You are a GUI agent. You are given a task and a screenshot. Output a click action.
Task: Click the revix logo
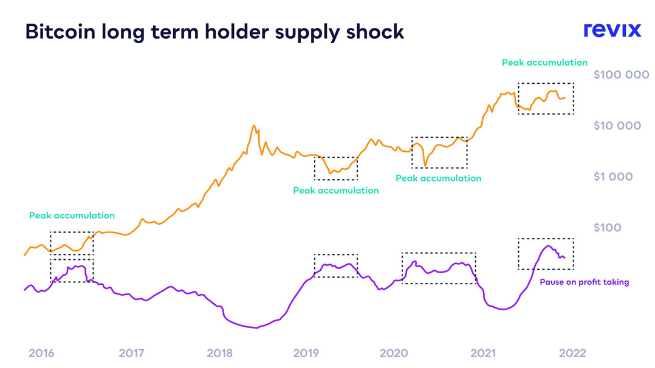coord(612,30)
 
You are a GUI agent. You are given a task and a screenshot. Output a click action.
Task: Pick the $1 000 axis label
coord(613,177)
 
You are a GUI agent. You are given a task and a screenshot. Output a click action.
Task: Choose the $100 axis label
coord(608,228)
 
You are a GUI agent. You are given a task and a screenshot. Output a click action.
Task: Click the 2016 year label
coord(41,353)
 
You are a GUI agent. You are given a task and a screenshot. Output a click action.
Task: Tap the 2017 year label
coord(131,353)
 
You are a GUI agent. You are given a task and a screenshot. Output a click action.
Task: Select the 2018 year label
coord(220,353)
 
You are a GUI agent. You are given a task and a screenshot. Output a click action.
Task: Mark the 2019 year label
coord(307,353)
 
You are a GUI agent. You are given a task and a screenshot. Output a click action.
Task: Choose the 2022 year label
coord(572,353)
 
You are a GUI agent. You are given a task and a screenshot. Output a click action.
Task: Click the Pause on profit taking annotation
coord(584,282)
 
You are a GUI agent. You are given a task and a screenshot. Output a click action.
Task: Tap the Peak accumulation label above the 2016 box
coord(72,215)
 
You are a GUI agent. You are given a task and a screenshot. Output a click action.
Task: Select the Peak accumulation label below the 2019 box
coord(335,191)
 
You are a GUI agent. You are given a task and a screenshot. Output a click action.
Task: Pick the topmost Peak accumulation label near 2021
coord(544,62)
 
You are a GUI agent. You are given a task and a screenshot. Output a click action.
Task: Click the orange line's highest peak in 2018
coord(253,126)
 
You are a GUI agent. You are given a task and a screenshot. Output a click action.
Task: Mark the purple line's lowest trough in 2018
coord(256,328)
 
